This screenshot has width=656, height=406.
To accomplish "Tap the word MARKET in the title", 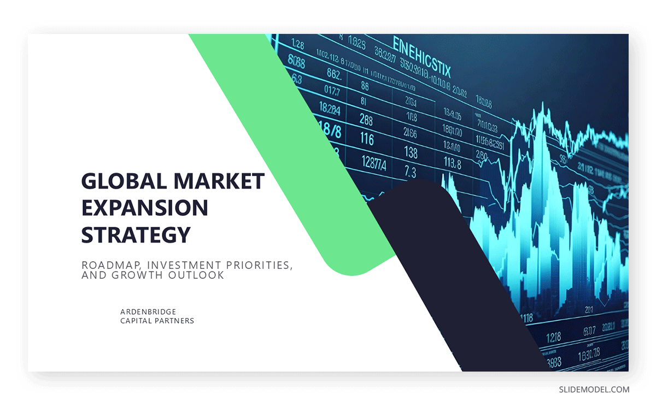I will point(226,181).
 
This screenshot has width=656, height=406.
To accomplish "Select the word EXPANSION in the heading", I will point(145,208).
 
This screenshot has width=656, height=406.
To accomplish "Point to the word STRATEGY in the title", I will point(136,234).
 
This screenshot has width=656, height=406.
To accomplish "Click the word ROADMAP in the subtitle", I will point(112,265).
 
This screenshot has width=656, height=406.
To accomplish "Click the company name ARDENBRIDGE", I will point(148,311).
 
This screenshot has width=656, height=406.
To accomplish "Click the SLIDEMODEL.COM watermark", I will point(594,390).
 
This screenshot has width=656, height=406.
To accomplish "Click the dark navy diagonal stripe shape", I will point(465,284).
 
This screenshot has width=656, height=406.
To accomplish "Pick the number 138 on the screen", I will point(411,151).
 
